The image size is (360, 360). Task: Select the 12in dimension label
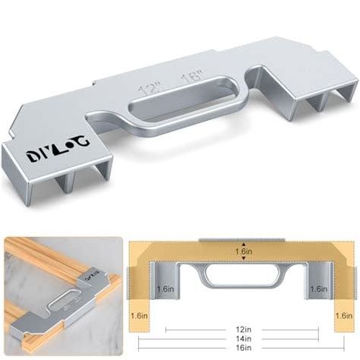pyautogui.click(x=242, y=331)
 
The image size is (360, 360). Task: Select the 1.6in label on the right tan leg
pyautogui.click(x=343, y=314)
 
